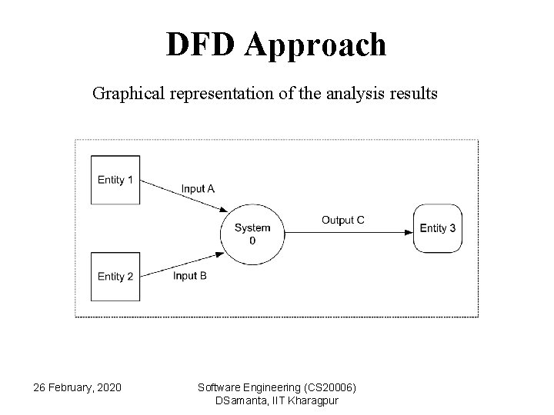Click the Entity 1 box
[115, 180]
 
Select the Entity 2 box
[115, 276]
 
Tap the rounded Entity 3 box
[437, 228]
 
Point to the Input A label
[199, 188]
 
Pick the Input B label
[189, 276]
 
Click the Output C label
[342, 220]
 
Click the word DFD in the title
[202, 45]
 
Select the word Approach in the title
[317, 46]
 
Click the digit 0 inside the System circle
[252, 241]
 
